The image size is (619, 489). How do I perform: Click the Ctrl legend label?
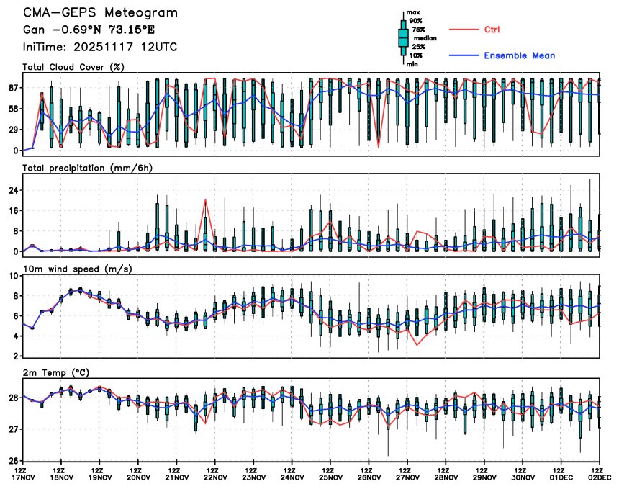click(492, 30)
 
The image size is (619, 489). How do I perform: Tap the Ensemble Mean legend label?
click(519, 55)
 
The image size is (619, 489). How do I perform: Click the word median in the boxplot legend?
click(420, 38)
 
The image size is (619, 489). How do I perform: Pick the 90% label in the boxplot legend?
click(415, 21)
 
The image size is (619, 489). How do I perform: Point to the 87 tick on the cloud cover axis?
click(12, 88)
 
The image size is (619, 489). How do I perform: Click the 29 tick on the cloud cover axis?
click(12, 130)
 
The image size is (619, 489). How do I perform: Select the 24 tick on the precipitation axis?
click(12, 190)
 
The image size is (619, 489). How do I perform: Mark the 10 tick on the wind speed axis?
click(12, 276)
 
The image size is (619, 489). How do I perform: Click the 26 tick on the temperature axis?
click(12, 460)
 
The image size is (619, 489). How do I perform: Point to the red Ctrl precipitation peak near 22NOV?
click(206, 199)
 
